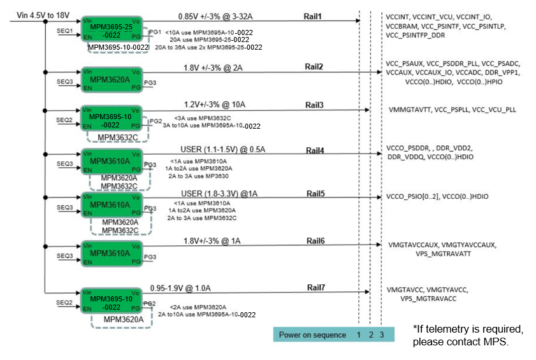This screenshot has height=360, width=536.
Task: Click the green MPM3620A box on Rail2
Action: click(112, 80)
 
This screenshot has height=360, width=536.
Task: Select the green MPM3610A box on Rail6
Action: click(112, 254)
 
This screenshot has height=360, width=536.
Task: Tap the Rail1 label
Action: click(312, 17)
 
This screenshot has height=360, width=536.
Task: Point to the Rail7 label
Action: click(316, 287)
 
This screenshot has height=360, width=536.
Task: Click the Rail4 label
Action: click(315, 150)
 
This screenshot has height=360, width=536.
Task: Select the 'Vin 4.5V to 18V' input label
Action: click(43, 15)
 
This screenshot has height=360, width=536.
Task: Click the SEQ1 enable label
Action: click(64, 31)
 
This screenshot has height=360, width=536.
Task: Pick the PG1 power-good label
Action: click(156, 32)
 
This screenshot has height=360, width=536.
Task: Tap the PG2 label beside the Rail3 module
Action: click(156, 121)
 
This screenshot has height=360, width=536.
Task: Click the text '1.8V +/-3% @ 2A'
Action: click(213, 68)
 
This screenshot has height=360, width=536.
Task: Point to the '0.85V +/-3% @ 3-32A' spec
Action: click(215, 17)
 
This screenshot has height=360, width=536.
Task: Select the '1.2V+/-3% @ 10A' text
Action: click(215, 104)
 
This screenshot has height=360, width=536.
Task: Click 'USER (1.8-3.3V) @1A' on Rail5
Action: click(219, 194)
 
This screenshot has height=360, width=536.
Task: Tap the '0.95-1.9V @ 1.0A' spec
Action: click(180, 288)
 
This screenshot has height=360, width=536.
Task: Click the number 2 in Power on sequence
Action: click(371, 335)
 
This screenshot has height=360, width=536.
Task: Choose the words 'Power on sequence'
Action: click(312, 335)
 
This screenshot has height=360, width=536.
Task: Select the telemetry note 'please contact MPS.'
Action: click(460, 342)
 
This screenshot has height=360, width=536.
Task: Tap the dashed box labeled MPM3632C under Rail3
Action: click(118, 141)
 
